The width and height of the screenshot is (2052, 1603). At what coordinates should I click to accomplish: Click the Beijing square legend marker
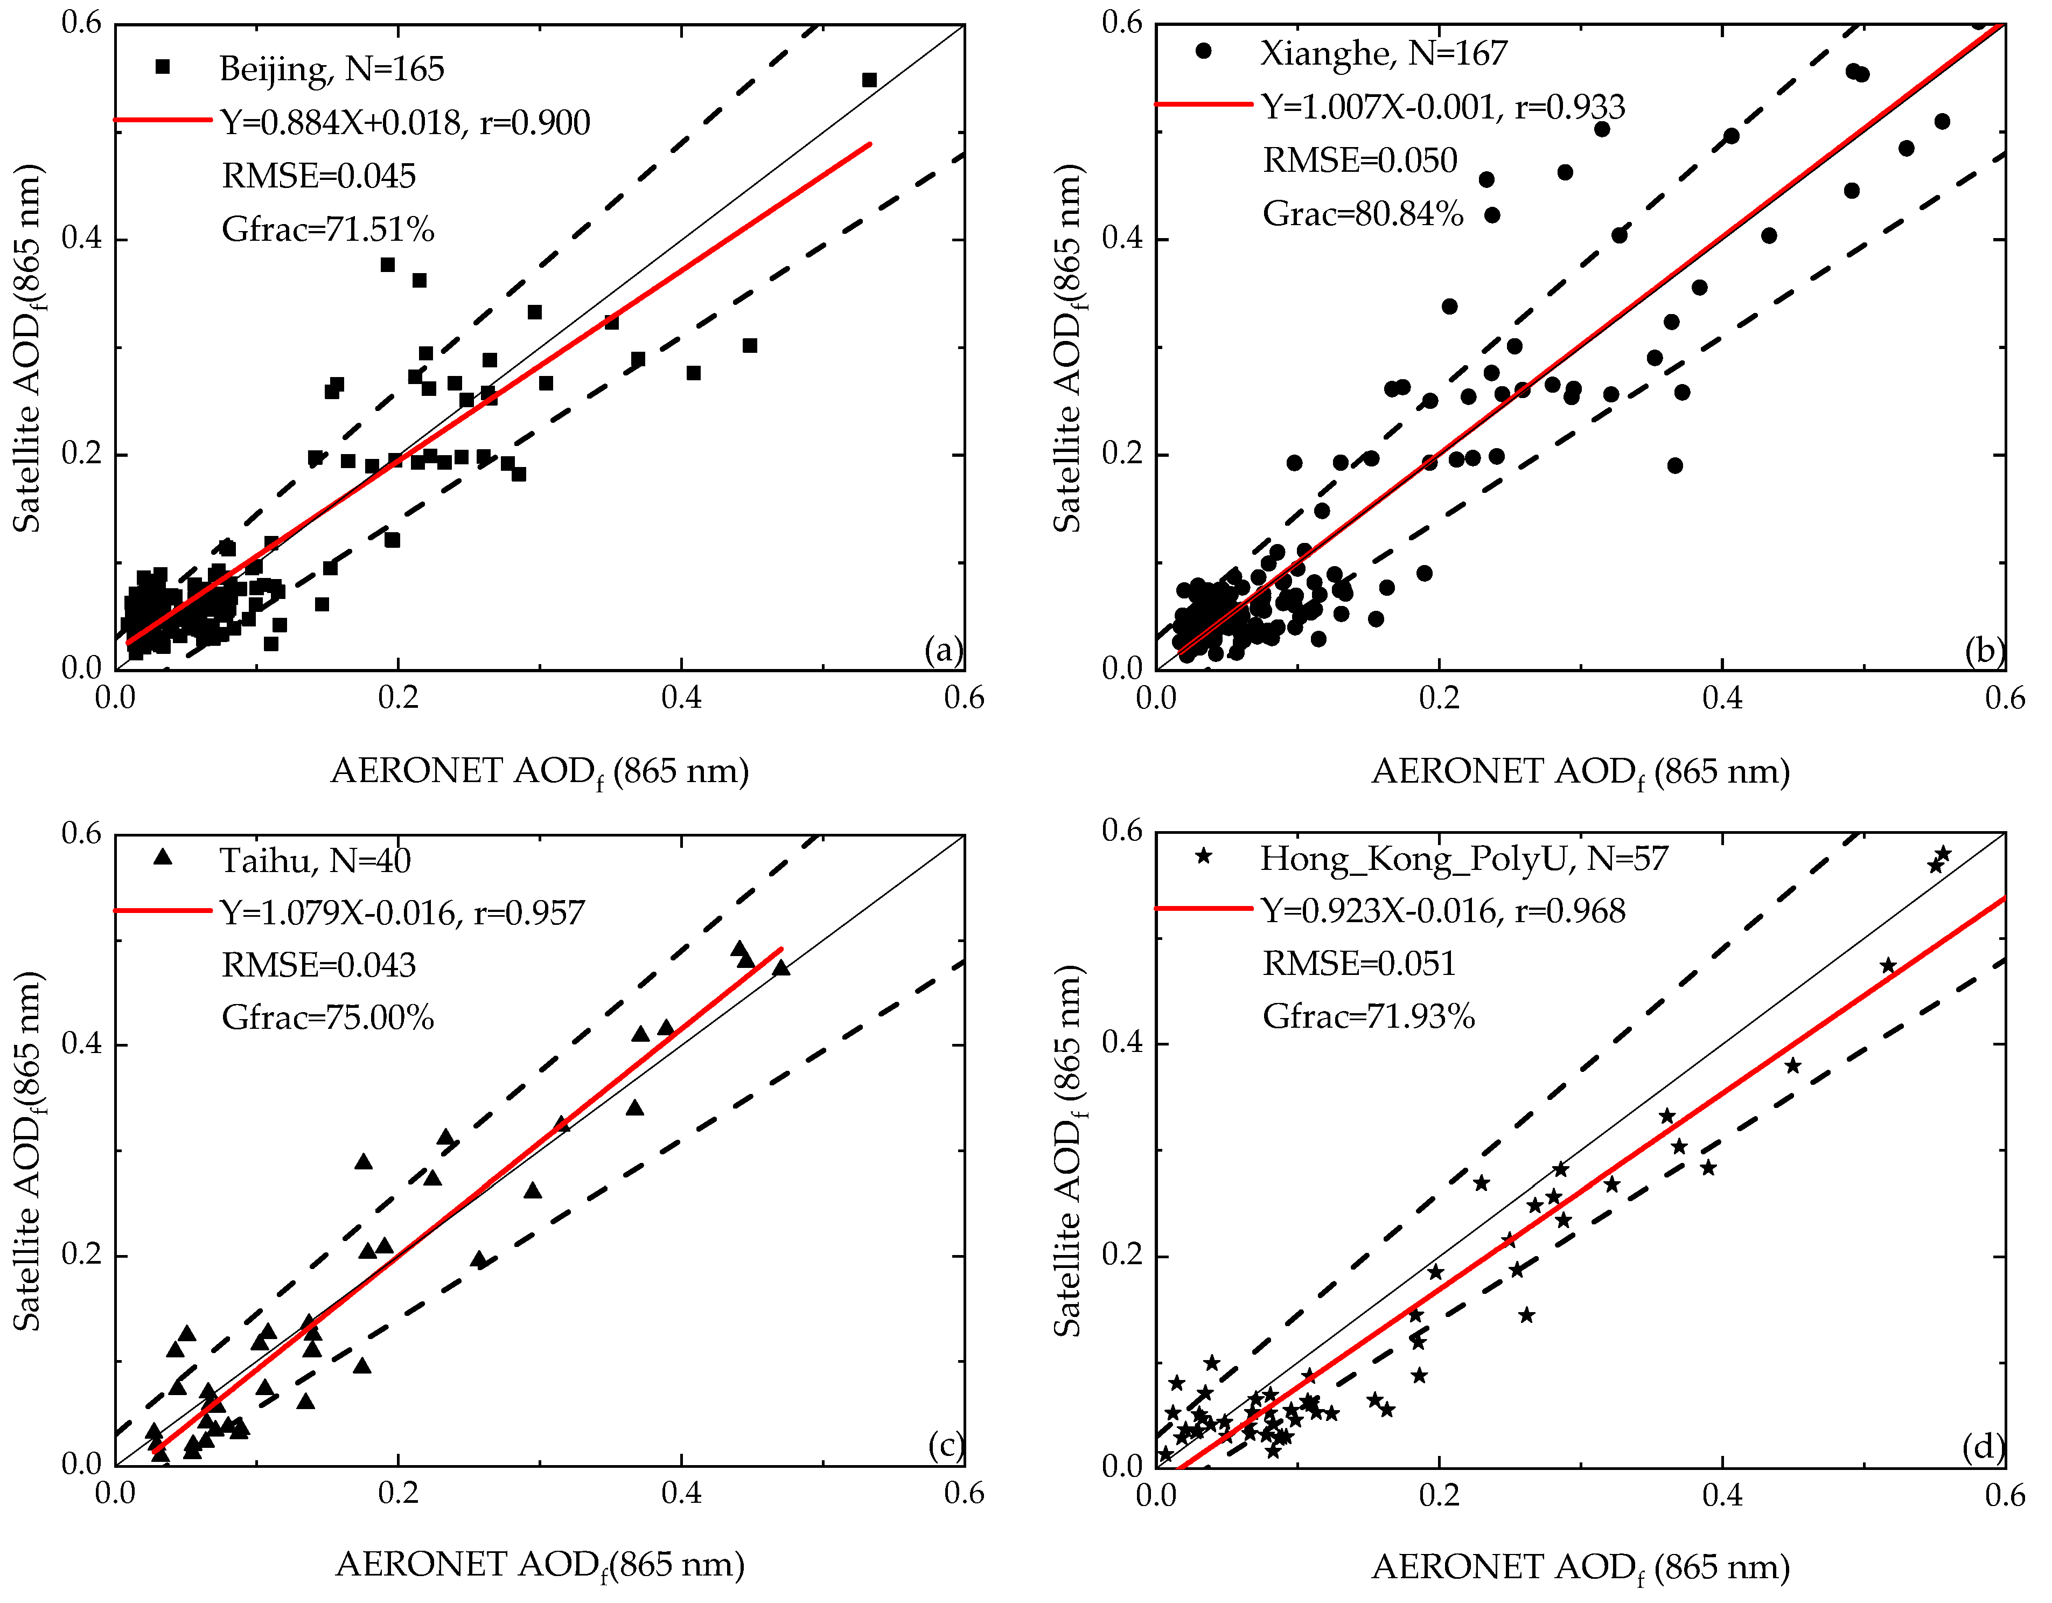[x=163, y=67]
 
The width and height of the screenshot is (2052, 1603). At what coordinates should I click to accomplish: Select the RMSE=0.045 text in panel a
[x=318, y=176]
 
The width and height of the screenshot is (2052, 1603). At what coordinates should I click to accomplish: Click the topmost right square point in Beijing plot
[x=869, y=80]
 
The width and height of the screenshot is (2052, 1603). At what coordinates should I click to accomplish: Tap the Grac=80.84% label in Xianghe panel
[x=1363, y=214]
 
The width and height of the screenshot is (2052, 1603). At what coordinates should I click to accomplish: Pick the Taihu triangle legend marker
[x=163, y=857]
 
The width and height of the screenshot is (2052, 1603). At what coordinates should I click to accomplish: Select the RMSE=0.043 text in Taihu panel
[x=318, y=965]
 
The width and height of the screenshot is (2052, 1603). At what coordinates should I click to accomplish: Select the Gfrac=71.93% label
[x=1368, y=1016]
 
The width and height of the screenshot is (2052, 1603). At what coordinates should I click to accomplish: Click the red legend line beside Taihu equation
[x=163, y=910]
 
